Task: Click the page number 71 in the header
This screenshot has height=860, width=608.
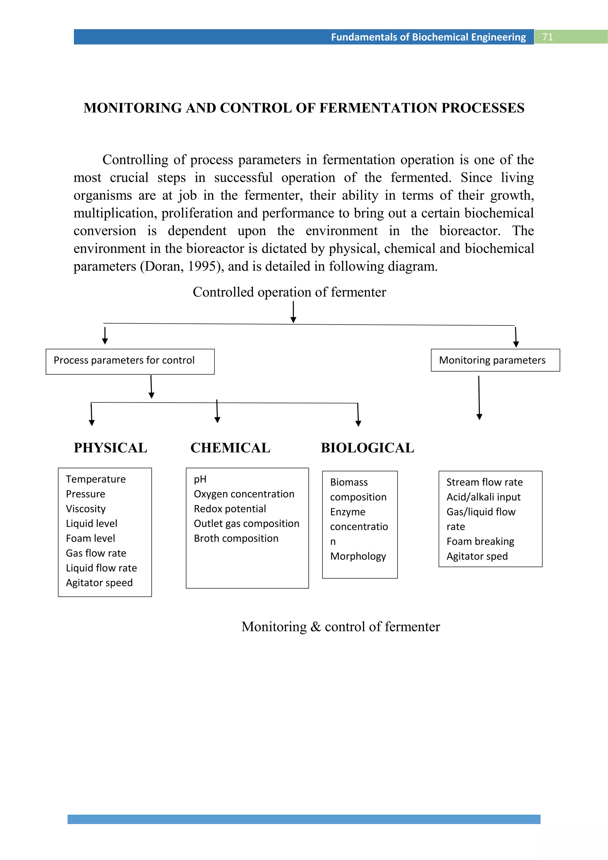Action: click(x=547, y=37)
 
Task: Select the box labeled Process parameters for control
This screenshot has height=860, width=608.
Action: click(x=130, y=361)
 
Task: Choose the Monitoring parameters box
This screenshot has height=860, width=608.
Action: click(x=495, y=360)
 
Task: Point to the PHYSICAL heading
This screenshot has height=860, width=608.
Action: click(x=110, y=448)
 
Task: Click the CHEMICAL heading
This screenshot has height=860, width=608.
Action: click(x=230, y=448)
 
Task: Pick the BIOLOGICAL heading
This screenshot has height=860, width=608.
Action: click(x=367, y=448)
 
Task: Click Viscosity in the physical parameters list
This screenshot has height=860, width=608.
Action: click(x=86, y=509)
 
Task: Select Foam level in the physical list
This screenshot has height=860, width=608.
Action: click(x=90, y=538)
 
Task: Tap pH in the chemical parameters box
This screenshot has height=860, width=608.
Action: click(x=200, y=479)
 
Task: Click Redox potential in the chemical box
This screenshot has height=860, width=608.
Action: click(x=229, y=509)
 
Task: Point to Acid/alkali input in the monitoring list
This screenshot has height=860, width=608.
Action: click(x=483, y=497)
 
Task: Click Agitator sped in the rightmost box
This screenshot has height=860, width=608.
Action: click(x=477, y=556)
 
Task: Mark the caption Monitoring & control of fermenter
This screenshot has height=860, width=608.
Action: click(x=340, y=627)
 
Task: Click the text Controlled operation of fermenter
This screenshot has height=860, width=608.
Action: click(x=289, y=292)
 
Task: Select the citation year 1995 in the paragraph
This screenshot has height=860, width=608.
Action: click(x=201, y=266)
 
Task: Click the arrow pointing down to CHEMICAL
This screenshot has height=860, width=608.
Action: click(x=217, y=412)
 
